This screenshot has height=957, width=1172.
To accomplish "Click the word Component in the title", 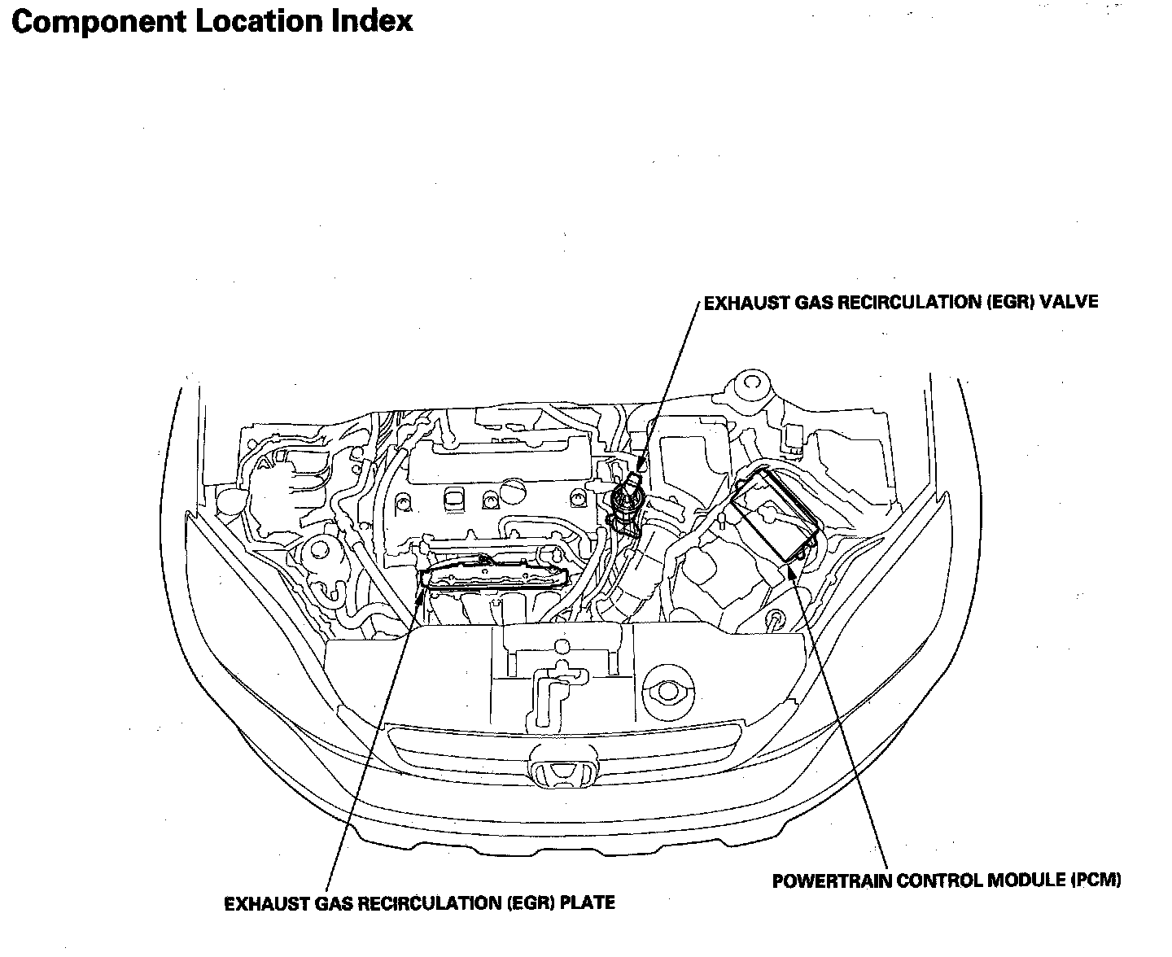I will (98, 22).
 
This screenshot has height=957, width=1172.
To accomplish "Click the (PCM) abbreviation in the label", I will (1095, 881).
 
